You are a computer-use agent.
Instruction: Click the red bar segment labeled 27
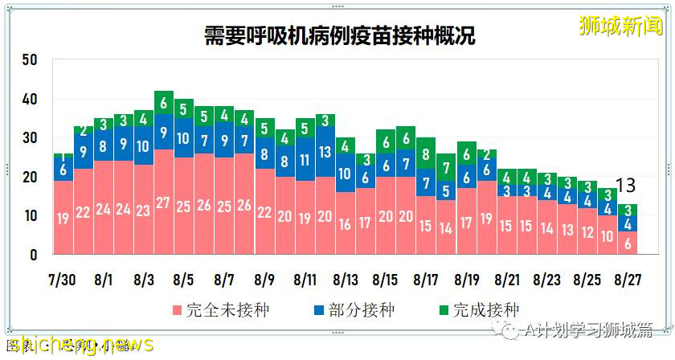pos(164,202)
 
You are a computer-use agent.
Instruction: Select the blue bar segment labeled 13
pos(325,151)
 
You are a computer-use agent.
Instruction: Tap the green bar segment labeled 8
pos(426,154)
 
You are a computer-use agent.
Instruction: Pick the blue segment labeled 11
pos(305,159)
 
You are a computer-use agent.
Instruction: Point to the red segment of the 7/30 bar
pos(63,218)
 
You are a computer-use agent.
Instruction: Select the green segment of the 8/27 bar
pos(628,211)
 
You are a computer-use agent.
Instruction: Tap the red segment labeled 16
pos(346,224)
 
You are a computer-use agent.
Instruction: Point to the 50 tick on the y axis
pos(31,60)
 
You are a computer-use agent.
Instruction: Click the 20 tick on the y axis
pos(31,178)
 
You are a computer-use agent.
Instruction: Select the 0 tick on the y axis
pos(34,256)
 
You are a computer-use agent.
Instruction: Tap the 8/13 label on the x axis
pos(346,280)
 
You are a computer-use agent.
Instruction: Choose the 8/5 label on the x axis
pos(184,280)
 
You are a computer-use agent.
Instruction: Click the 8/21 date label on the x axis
pos(507,280)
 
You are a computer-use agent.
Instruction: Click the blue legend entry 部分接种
pos(353,309)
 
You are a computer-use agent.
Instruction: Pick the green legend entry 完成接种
pos(478,309)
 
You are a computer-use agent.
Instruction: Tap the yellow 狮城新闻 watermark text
pos(621,27)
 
